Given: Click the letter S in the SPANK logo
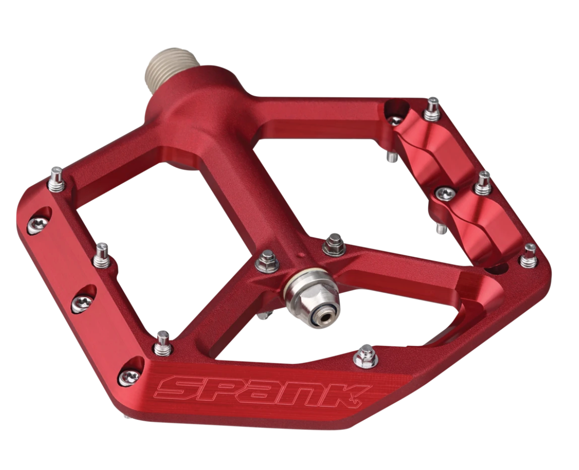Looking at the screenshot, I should click(x=177, y=388).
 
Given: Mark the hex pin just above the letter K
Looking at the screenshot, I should click(x=365, y=356).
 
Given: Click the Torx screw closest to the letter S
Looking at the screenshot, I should click(x=129, y=376).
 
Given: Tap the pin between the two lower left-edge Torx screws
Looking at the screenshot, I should click(x=162, y=343).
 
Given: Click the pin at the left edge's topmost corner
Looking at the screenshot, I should click(x=57, y=179).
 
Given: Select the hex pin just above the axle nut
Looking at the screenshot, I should click(x=334, y=244).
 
